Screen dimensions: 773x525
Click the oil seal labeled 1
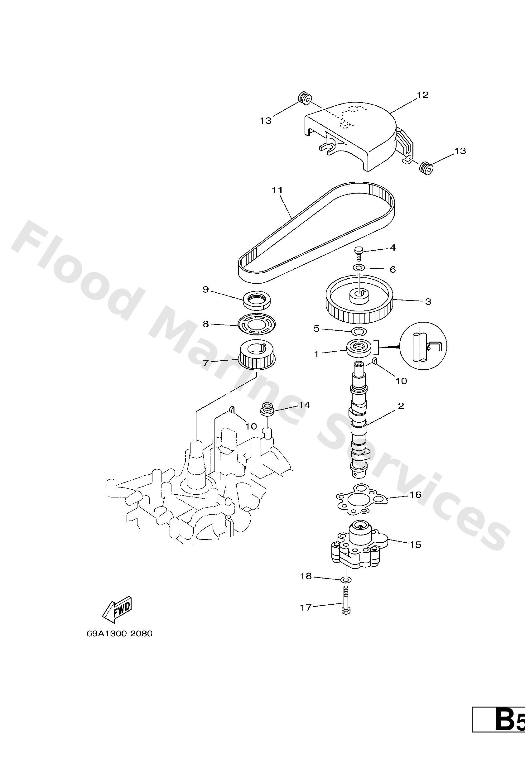point(359,348)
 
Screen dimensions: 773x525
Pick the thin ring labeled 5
point(359,331)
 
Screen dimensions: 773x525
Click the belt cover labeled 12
point(359,140)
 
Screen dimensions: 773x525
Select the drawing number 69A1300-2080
point(119,633)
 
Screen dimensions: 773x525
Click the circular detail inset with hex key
point(423,346)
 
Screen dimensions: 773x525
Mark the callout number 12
point(423,95)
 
